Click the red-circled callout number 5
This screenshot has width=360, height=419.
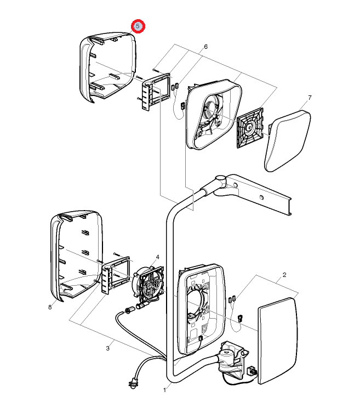pos(138,26)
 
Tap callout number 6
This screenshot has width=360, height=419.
pos(205,47)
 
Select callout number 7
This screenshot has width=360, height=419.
pos(310,98)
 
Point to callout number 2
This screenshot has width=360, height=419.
pos(284,275)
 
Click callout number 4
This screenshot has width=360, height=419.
pos(158,257)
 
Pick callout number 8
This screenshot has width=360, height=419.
pos(50,307)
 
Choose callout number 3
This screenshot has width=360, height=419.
pos(107,348)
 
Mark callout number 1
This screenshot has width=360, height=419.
pos(165,390)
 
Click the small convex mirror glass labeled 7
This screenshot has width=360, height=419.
pos(288,141)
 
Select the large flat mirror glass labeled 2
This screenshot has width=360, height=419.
pos(278,341)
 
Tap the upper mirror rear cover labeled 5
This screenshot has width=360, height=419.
pos(107,67)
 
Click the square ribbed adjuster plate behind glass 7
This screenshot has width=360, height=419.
pos(250,128)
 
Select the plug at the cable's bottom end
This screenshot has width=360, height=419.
pos(133,384)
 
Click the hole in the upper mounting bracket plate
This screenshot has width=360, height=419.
pos(261,197)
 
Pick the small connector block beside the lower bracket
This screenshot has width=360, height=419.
pos(252,371)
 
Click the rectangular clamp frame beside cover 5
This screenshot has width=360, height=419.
pos(156,91)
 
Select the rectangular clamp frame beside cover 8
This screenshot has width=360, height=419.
pos(116,275)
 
